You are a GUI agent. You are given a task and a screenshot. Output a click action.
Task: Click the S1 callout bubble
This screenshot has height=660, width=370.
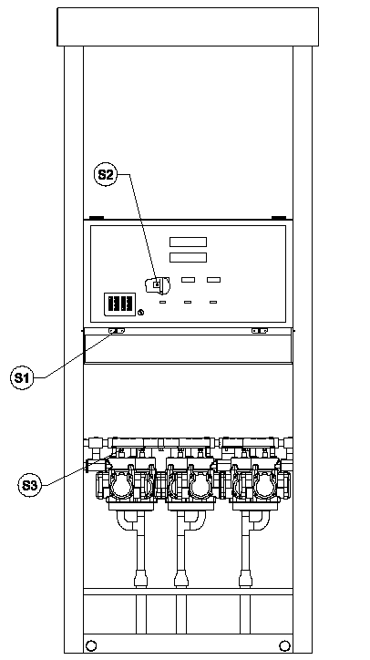click(22, 377)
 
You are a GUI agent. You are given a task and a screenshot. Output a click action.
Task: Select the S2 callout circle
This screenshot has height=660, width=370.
click(106, 175)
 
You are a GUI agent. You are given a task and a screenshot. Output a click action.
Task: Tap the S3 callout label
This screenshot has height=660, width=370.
click(29, 485)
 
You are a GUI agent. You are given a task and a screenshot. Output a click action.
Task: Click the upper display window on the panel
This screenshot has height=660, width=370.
click(188, 242)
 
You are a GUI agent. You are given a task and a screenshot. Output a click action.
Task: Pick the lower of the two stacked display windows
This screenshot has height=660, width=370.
click(188, 257)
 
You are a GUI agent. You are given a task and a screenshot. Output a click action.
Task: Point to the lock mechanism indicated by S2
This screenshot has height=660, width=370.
click(158, 285)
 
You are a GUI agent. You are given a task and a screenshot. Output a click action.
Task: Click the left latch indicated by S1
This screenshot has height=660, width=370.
click(117, 331)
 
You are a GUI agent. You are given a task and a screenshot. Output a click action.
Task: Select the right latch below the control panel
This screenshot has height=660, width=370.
click(260, 331)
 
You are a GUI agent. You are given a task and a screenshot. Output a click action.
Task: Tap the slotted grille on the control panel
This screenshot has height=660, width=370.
click(120, 304)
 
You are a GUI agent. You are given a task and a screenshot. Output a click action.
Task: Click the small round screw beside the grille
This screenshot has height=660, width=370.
click(141, 313)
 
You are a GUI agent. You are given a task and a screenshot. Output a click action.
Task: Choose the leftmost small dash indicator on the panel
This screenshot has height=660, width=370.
click(162, 302)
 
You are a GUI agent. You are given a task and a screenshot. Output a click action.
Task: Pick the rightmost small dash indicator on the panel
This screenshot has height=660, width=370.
click(213, 302)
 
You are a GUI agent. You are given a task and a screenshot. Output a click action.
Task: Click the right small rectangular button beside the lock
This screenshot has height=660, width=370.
click(213, 280)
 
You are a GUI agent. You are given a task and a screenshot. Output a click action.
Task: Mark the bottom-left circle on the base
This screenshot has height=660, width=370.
click(90, 645)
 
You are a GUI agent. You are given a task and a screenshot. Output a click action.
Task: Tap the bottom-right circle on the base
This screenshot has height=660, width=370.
click(285, 645)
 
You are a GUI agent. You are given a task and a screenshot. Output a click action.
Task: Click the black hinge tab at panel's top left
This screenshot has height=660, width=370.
click(97, 218)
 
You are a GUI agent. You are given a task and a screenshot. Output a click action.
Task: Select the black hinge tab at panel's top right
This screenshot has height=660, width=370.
click(279, 218)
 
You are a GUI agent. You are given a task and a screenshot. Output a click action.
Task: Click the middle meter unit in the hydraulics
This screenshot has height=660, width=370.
click(191, 480)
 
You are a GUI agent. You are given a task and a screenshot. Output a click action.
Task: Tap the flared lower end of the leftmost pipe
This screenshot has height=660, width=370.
click(140, 579)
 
